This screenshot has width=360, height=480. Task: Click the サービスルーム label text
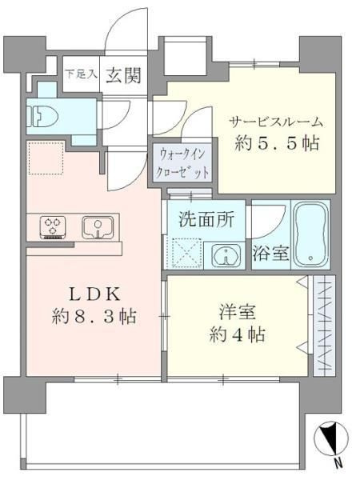pos(277,122)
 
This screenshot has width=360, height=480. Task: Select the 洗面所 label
pos(206,219)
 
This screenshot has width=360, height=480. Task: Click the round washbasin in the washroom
pos(227,256)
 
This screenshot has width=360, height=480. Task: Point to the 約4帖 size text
pos(227,334)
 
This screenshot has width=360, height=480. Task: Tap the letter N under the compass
pos(339,463)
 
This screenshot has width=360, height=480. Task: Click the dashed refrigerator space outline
pos(46,158)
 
